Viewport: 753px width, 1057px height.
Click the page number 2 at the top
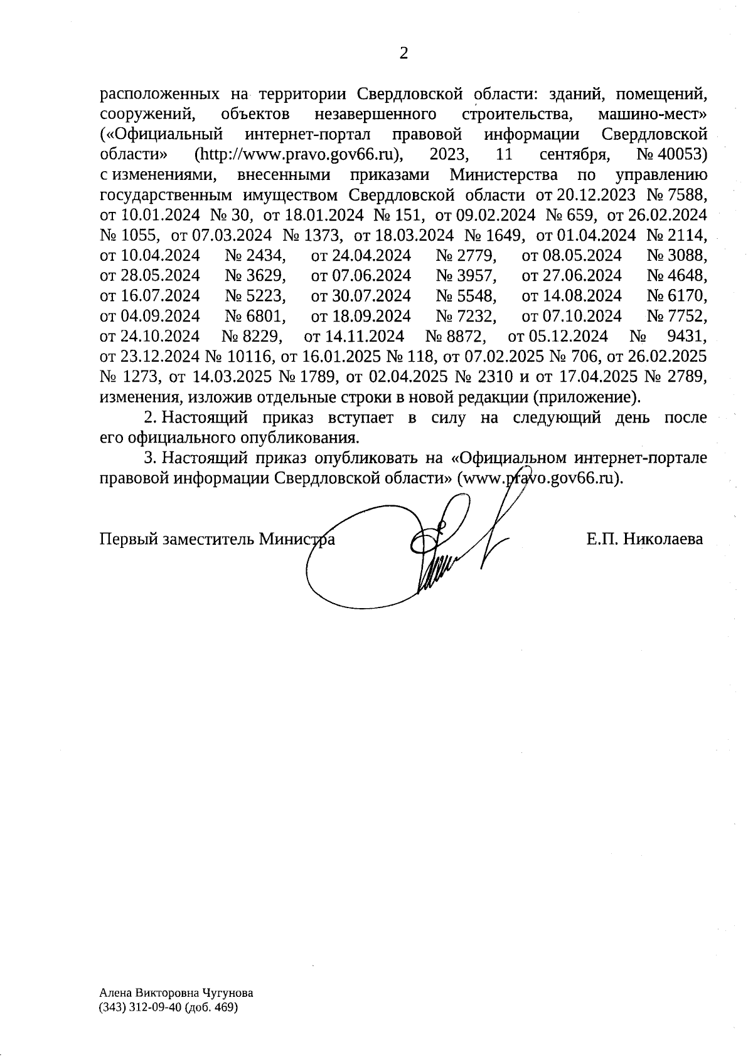[403, 54]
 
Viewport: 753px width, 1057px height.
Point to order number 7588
[686, 195]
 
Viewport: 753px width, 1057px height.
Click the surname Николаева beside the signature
[663, 539]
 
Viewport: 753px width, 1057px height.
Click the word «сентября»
[575, 155]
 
